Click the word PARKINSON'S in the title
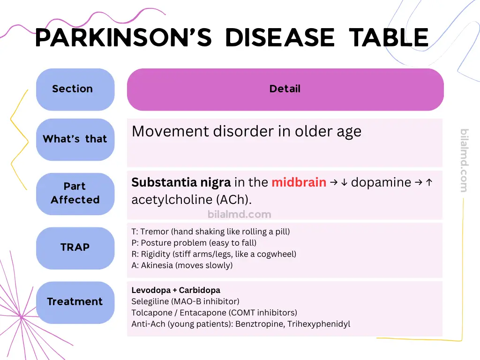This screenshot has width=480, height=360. [x=123, y=37]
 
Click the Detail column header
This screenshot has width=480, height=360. [x=285, y=89]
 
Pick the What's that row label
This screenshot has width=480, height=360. [x=75, y=139]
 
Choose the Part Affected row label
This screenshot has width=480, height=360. [x=75, y=193]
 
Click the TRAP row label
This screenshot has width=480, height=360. [x=75, y=247]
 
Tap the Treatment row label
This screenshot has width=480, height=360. [x=75, y=302]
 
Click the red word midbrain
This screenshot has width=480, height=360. [x=299, y=182]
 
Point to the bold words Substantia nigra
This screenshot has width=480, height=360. [x=181, y=182]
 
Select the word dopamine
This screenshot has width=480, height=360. [x=381, y=182]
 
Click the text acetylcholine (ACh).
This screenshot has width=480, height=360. [x=191, y=200]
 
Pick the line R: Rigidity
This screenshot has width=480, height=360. [x=214, y=254]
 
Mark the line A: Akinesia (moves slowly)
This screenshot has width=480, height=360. [x=182, y=265]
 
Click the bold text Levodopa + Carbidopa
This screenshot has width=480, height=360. [x=176, y=290]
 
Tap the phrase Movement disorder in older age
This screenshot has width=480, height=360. [x=247, y=131]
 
